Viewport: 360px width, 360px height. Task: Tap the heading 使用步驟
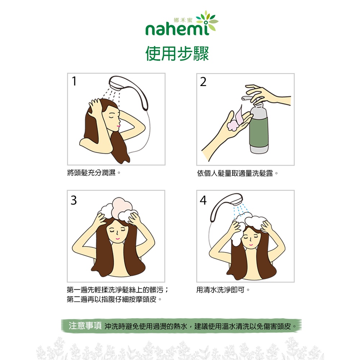[177, 54]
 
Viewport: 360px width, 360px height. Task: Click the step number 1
[74, 81]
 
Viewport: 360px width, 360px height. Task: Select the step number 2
[203, 82]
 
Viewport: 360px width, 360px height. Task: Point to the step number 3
[74, 200]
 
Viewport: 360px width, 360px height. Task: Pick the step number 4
[203, 200]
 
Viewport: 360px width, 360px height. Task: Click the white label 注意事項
[85, 325]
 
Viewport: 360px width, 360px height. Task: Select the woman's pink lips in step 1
[118, 126]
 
